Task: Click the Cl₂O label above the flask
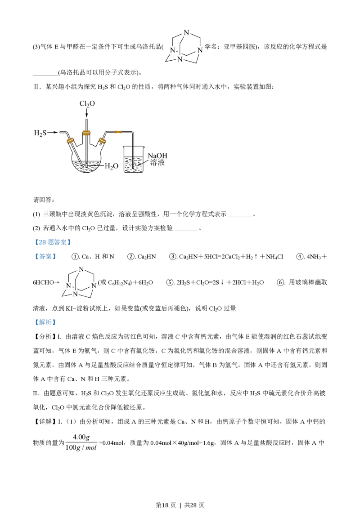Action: coord(87,103)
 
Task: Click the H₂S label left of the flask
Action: coord(40,133)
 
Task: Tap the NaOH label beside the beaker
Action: coord(157,156)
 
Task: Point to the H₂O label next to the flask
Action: coord(112,166)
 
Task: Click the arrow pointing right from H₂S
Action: coord(53,133)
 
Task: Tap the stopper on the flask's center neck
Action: coord(86,133)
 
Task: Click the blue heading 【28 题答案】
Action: coord(52,242)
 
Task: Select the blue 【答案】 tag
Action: coord(45,256)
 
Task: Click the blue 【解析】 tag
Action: coord(45,322)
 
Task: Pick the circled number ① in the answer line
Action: coord(76,257)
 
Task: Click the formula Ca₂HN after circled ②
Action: coord(147,257)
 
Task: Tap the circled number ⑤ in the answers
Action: coord(170,282)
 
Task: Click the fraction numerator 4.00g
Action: coord(81,437)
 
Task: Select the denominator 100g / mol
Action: coord(81,447)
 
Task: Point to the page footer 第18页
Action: coord(166,505)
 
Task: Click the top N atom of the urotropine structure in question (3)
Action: coord(186,32)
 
